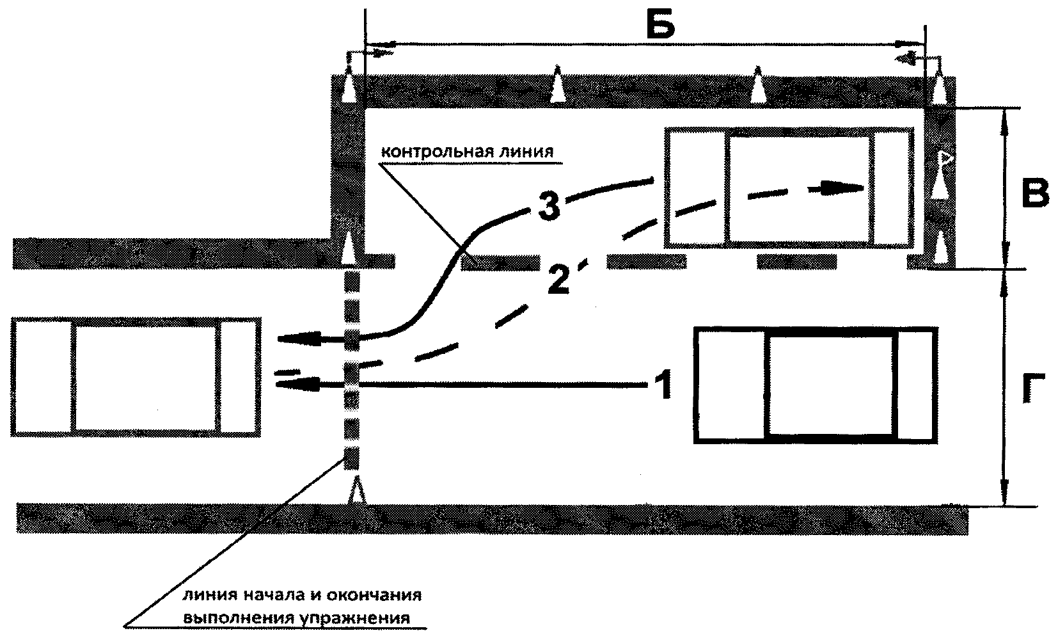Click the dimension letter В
(1034, 193)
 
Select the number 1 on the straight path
(663, 385)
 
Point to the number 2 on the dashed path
(558, 279)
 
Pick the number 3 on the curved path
(549, 207)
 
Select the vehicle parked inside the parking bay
(789, 187)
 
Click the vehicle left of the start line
(136, 377)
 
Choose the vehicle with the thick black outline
(816, 385)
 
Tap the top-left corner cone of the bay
(349, 84)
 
